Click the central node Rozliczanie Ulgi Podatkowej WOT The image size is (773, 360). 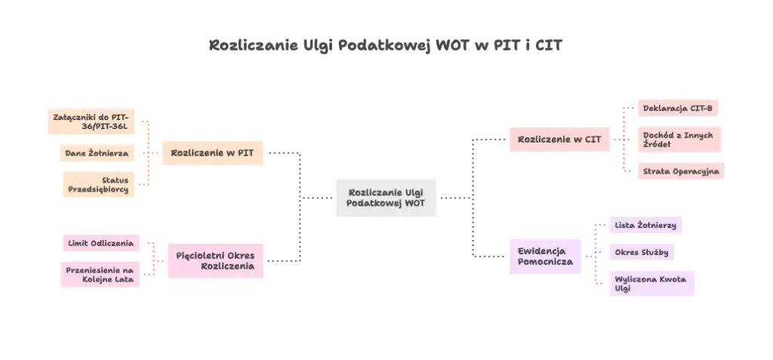pos(386,198)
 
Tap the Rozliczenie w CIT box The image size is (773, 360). pos(559,140)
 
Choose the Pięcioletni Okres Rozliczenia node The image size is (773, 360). pos(215,261)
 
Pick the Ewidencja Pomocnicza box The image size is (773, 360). pos(546,257)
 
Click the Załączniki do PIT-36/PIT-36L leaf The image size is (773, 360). pos(91,122)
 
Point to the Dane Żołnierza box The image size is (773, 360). pos(97,153)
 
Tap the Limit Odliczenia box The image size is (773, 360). pos(100,243)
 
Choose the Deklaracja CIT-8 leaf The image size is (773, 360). pos(677,109)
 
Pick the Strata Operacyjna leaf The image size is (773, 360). pos(680,171)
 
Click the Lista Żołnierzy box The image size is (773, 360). pos(648,225)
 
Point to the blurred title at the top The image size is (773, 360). pos(385,46)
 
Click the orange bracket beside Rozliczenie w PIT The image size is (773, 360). pos(149,153)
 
